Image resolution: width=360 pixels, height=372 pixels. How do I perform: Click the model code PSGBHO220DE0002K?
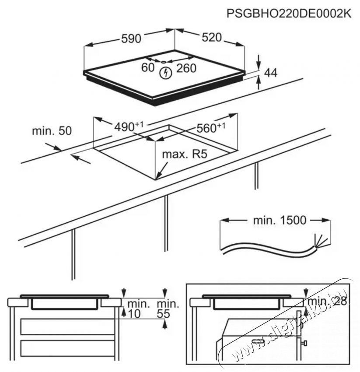pos(289,14)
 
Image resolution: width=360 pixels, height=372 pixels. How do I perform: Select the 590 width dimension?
pos(131,39)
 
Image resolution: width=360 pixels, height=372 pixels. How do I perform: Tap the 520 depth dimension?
pos(211,39)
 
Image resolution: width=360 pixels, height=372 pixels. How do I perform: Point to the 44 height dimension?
pos(272,73)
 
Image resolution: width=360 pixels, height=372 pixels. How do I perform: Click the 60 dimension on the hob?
pos(148,67)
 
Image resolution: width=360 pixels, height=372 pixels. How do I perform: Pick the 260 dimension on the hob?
pos(186,68)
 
